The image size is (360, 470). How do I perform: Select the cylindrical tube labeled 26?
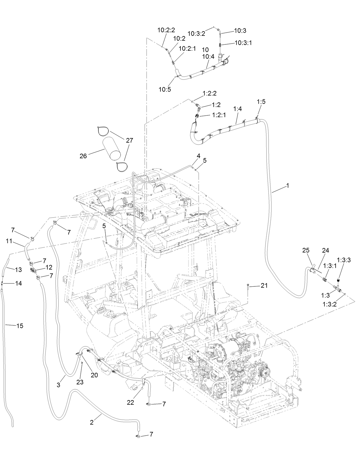click(112, 148)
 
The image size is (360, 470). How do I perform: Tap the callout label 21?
click(264, 286)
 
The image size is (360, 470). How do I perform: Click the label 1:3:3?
click(344, 260)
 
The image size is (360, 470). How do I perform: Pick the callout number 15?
click(20, 326)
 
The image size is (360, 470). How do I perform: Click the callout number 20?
click(94, 375)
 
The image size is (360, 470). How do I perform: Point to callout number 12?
click(49, 268)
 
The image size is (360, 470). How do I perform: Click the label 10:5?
click(165, 89)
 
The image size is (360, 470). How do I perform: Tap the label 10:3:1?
click(243, 43)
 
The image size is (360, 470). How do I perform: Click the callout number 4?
click(198, 156)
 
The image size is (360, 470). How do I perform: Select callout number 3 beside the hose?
click(58, 385)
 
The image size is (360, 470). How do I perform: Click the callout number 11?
click(9, 241)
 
